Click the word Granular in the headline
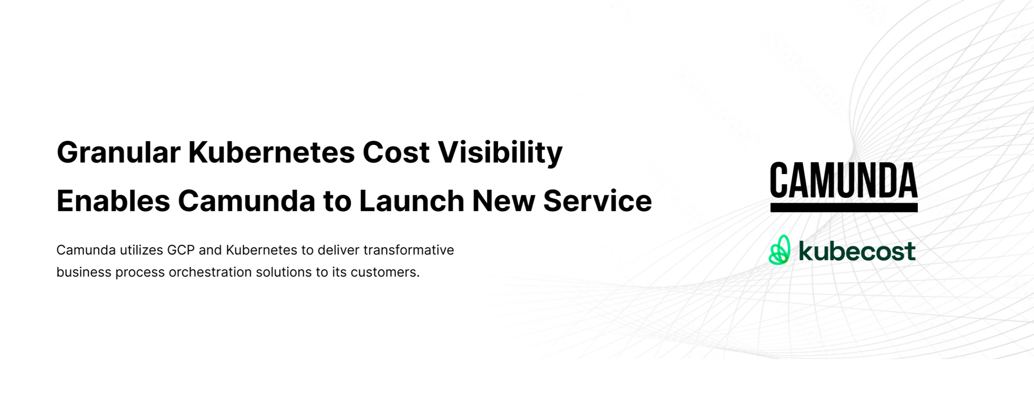point(119,153)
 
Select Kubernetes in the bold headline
point(272,153)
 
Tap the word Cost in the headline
point(396,153)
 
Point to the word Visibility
point(500,153)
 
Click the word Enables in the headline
point(114,201)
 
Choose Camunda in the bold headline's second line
point(247,201)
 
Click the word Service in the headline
point(598,201)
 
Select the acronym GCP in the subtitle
point(180,250)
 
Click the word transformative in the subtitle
point(409,250)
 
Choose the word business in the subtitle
point(84,272)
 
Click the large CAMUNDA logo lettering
point(844,180)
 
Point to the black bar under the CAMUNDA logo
point(844,207)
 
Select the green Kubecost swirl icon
point(780,250)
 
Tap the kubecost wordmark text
point(857,251)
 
